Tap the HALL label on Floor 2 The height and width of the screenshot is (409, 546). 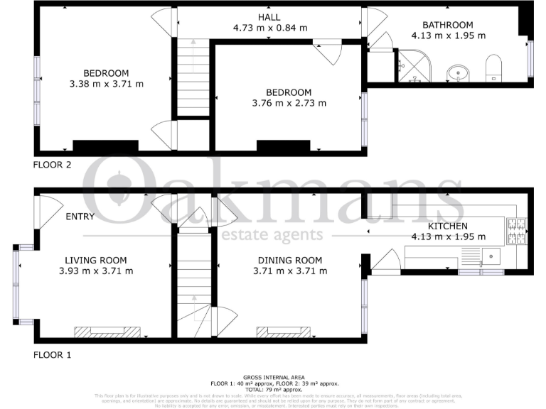click(267, 17)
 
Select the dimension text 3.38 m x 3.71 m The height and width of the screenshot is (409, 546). click(106, 84)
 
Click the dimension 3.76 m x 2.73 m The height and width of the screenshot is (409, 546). click(289, 103)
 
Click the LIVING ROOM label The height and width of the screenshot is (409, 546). click(95, 260)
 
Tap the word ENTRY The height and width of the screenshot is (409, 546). click(80, 217)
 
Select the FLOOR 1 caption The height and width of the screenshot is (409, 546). click(53, 354)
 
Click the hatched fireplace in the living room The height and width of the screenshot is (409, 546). click(99, 331)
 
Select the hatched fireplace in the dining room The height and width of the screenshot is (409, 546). click(283, 331)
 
